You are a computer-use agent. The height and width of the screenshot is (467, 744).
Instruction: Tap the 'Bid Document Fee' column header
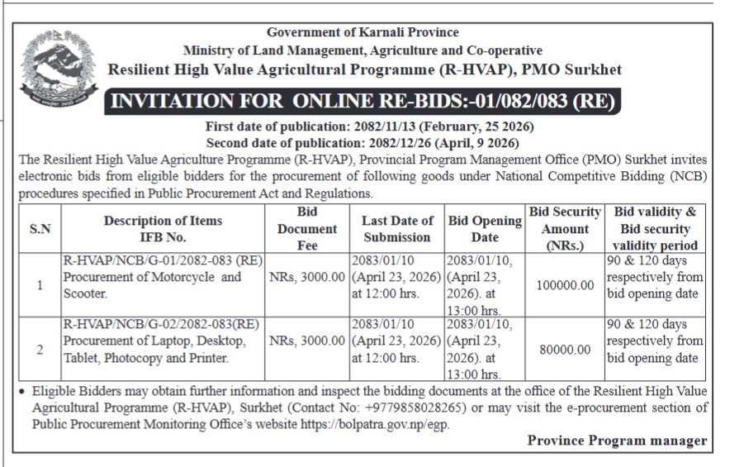[306, 228]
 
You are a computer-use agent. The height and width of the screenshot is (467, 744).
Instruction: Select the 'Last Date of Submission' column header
[397, 228]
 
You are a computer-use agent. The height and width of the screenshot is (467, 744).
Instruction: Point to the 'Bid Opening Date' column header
[485, 228]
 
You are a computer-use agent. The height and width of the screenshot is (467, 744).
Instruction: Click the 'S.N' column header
[40, 229]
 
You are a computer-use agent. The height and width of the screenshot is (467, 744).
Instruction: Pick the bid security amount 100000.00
[565, 285]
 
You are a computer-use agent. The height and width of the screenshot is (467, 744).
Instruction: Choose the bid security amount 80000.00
[565, 350]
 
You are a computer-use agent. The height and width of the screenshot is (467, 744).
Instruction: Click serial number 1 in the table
[40, 285]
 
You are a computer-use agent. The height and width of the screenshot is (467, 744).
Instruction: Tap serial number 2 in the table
[40, 350]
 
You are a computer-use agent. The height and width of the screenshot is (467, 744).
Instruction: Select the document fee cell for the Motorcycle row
[306, 277]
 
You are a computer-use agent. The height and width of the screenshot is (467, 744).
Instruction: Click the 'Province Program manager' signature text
[617, 441]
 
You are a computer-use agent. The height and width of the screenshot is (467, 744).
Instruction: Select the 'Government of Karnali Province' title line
[363, 32]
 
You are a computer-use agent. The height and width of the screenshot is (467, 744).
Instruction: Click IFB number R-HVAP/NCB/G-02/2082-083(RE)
[163, 324]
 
